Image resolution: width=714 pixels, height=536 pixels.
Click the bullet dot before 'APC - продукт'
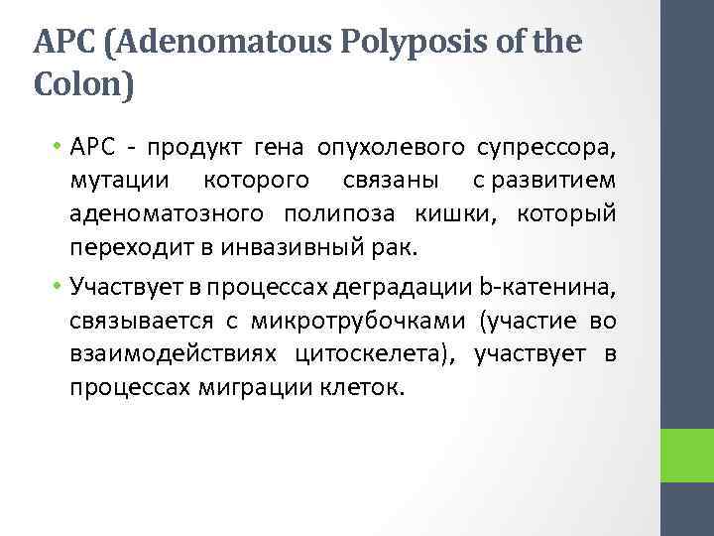(59, 149)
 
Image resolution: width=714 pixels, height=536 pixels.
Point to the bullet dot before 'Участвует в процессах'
(59, 288)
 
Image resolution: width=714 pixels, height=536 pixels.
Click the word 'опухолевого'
(392, 149)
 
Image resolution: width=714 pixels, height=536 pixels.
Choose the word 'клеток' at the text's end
(367, 386)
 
